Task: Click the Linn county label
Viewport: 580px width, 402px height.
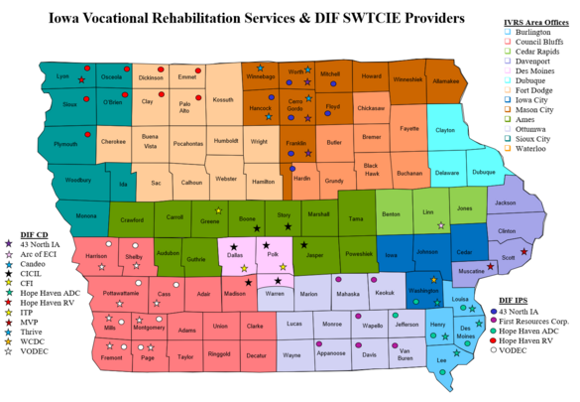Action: [x=427, y=213]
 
